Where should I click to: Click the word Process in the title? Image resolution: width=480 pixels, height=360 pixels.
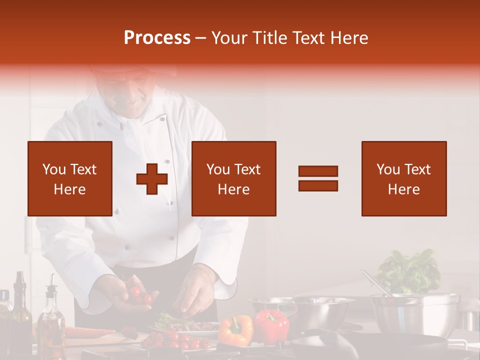click(157, 38)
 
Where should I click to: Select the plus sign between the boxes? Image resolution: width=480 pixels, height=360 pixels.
click(152, 179)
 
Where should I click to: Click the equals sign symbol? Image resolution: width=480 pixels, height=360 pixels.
click(318, 178)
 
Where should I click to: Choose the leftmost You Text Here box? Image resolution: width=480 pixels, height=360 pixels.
click(70, 178)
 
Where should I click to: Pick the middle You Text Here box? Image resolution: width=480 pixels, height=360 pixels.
click(233, 178)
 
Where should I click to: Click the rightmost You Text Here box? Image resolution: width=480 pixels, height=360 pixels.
click(403, 178)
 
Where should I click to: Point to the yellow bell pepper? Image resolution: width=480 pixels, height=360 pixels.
click(236, 329)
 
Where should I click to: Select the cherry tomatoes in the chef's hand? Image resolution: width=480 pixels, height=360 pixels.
click(137, 294)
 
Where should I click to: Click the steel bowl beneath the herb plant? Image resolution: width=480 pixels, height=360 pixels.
click(415, 312)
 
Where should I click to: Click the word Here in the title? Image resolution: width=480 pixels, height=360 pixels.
click(349, 38)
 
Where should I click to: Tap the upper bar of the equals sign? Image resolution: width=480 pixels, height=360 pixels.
click(318, 171)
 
